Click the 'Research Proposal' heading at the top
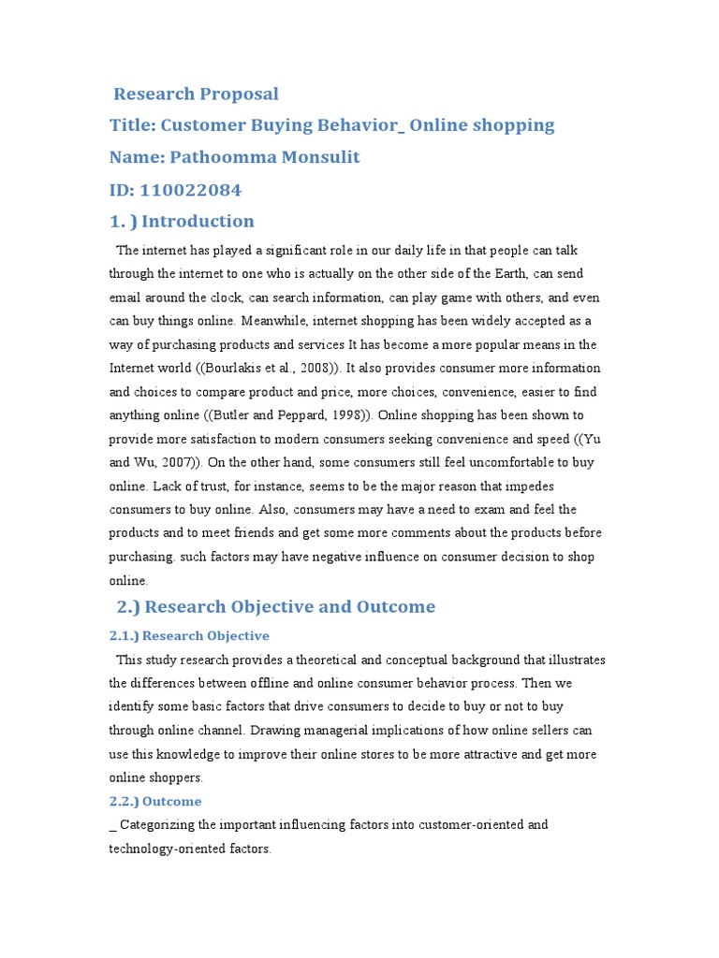point(196,94)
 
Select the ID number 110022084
point(191,190)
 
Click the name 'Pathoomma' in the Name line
point(220,157)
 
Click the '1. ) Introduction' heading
point(182,222)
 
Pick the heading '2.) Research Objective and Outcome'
point(275,606)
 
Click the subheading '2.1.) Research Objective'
point(189,635)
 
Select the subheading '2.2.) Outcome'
point(155,801)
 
